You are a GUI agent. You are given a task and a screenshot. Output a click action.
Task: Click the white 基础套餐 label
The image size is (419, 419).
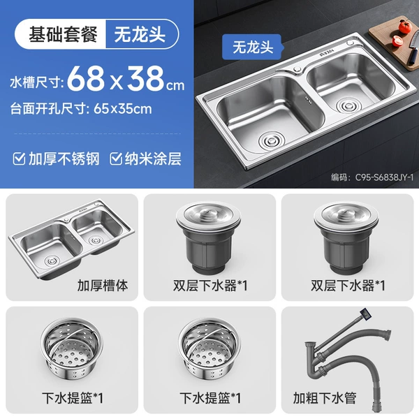click(x=63, y=34)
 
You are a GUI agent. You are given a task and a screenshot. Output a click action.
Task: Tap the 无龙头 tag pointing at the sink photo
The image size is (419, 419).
click(x=253, y=47)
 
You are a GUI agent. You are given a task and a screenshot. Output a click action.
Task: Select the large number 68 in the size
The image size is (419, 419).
click(x=86, y=78)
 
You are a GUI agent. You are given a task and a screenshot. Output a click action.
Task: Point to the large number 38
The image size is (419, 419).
click(x=145, y=78)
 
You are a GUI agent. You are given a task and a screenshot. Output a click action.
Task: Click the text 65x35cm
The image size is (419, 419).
click(x=123, y=109)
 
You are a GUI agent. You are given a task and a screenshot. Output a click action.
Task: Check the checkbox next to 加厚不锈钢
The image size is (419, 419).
click(x=19, y=159)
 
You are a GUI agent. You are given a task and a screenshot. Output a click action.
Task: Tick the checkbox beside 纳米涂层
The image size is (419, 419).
click(x=116, y=159)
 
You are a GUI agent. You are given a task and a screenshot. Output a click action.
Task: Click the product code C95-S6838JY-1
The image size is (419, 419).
click(x=384, y=177)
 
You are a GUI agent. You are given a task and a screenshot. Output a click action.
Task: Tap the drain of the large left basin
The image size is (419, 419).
click(x=272, y=140)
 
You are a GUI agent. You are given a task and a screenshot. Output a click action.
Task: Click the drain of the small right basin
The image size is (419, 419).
click(x=348, y=105)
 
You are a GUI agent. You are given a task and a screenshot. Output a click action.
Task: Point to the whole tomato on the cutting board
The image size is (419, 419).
click(x=405, y=27)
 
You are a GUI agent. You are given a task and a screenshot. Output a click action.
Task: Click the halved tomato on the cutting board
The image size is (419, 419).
click(x=397, y=41)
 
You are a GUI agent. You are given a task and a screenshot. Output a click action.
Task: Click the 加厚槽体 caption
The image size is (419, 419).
click(x=103, y=285)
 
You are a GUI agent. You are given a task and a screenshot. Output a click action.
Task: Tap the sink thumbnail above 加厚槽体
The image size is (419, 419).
click(x=71, y=238)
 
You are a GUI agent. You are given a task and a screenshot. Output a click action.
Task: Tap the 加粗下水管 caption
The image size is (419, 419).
click(x=325, y=398)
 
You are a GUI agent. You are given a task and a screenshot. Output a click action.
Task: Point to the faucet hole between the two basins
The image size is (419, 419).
click(x=297, y=69)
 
